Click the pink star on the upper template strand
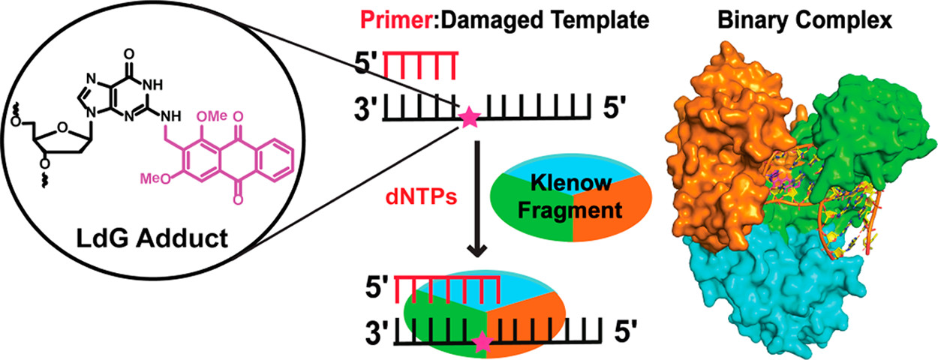tap(468, 118)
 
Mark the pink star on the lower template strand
tap(482, 343)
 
